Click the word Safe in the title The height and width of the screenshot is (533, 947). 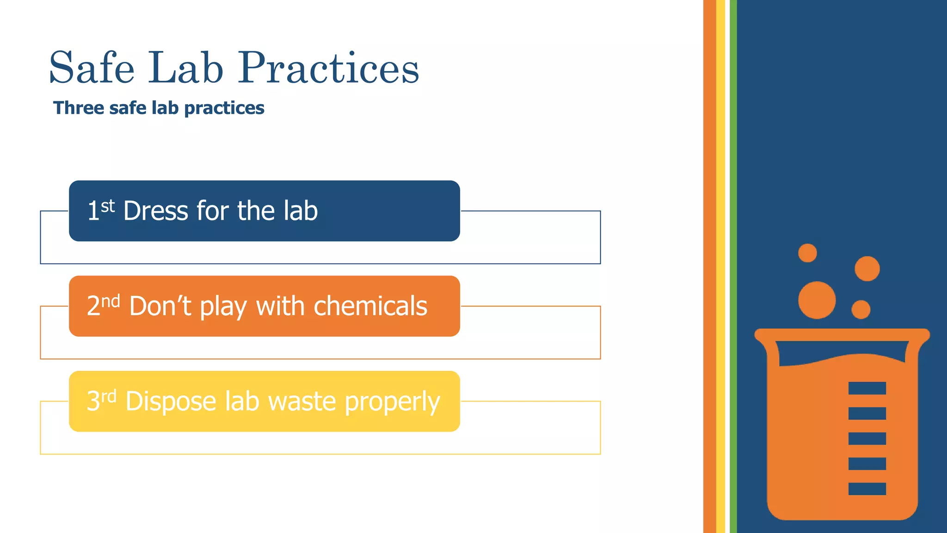[x=92, y=68]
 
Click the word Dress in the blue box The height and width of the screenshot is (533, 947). [x=156, y=211]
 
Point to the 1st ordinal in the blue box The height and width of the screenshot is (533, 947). [x=101, y=211]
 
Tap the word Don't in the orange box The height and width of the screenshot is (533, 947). [x=160, y=306]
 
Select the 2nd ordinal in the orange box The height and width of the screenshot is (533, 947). [x=103, y=306]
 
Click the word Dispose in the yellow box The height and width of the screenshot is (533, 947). [x=170, y=401]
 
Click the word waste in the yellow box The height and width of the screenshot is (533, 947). [x=301, y=402]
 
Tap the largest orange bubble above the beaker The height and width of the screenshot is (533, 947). [x=817, y=300]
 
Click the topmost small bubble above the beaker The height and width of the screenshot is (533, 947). [x=807, y=253]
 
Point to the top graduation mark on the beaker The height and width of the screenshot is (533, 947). [x=867, y=388]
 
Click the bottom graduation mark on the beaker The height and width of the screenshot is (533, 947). [x=867, y=489]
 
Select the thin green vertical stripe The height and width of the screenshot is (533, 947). [x=733, y=266]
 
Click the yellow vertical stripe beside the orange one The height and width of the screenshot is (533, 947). [x=720, y=266]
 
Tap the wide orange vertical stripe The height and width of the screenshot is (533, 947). [x=709, y=266]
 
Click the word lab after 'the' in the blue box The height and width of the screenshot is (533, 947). [x=301, y=211]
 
